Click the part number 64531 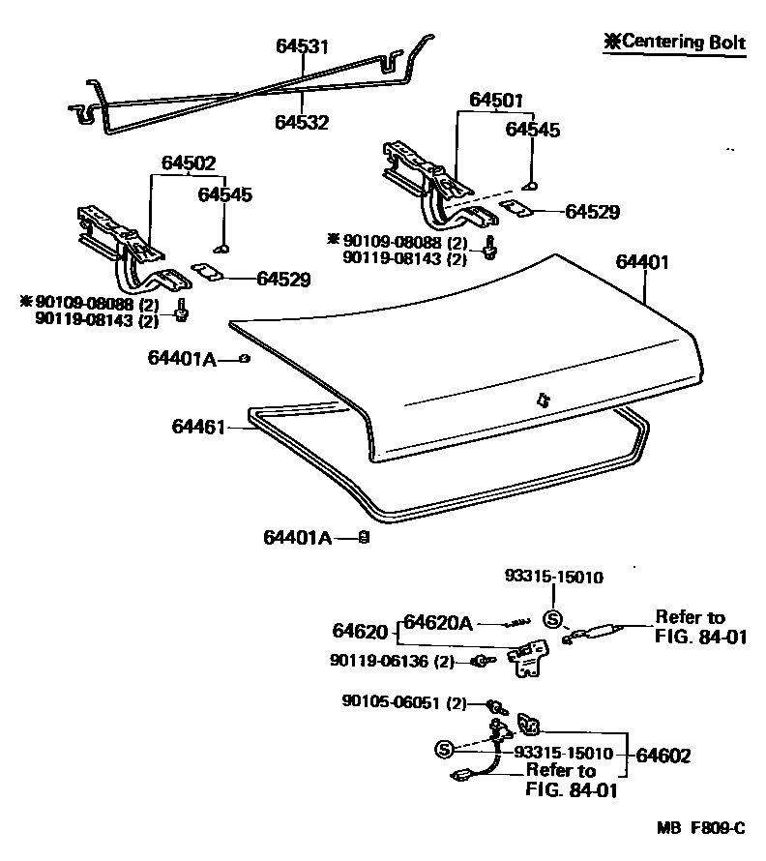pos(302,46)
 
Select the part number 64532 pos(302,123)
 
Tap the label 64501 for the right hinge pos(496,100)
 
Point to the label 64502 pos(189,163)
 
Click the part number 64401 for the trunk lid pos(641,262)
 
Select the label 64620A pos(437,622)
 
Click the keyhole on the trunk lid pos(542,399)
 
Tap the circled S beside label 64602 pos(444,750)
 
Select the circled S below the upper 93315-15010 pos(552,620)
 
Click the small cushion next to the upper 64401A pos(246,359)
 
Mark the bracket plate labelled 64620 pos(528,661)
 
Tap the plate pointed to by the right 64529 pos(520,210)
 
